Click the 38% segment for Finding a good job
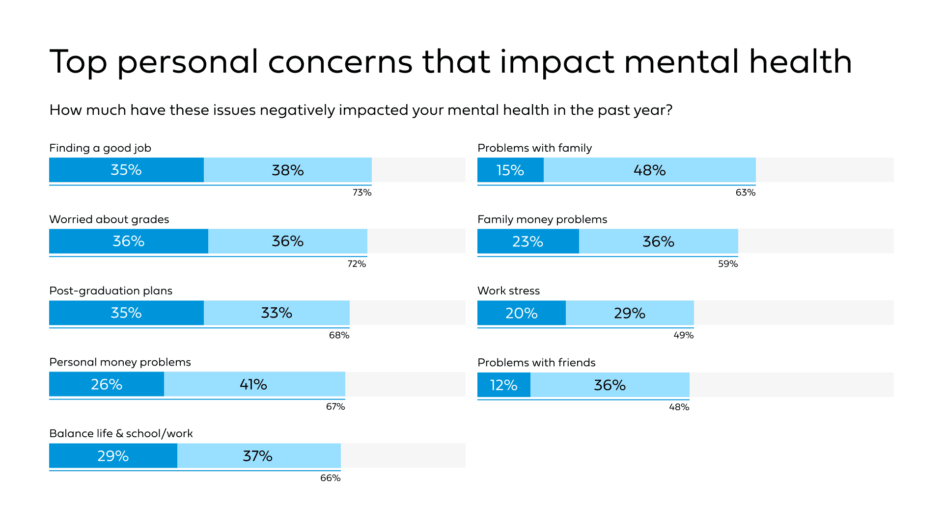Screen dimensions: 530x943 tap(288, 170)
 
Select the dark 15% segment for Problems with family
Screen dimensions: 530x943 tap(510, 170)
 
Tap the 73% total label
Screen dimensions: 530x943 tap(362, 192)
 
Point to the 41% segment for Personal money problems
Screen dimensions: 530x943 tap(254, 384)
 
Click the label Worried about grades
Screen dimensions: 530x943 tap(109, 219)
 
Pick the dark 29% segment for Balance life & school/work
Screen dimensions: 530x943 tap(113, 456)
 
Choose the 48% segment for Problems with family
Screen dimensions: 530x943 tap(649, 170)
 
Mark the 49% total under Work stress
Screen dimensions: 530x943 tap(683, 335)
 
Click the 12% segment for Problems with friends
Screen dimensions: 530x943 tap(504, 385)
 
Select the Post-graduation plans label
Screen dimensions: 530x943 tap(111, 291)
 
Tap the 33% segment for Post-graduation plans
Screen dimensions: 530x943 tap(277, 313)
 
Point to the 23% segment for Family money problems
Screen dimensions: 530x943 tap(528, 241)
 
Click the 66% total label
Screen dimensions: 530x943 tap(330, 478)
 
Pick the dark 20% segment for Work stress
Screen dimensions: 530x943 tap(522, 313)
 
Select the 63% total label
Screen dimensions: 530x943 tap(745, 192)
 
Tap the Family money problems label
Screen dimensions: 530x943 tap(542, 219)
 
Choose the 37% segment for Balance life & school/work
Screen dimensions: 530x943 tap(258, 456)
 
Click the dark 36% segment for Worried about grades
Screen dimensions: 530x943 tap(129, 241)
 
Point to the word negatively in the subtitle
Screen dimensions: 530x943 tap(297, 110)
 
